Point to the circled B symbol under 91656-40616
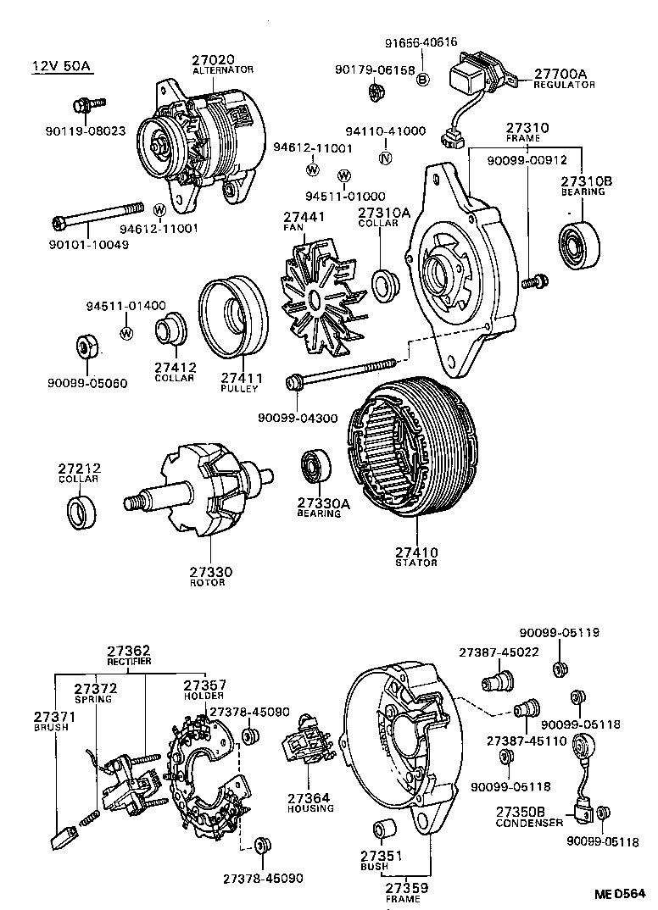click(x=423, y=79)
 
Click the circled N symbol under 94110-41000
click(x=385, y=158)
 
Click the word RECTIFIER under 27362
click(x=129, y=660)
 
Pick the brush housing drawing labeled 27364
click(x=307, y=749)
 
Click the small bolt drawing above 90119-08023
click(x=87, y=105)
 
